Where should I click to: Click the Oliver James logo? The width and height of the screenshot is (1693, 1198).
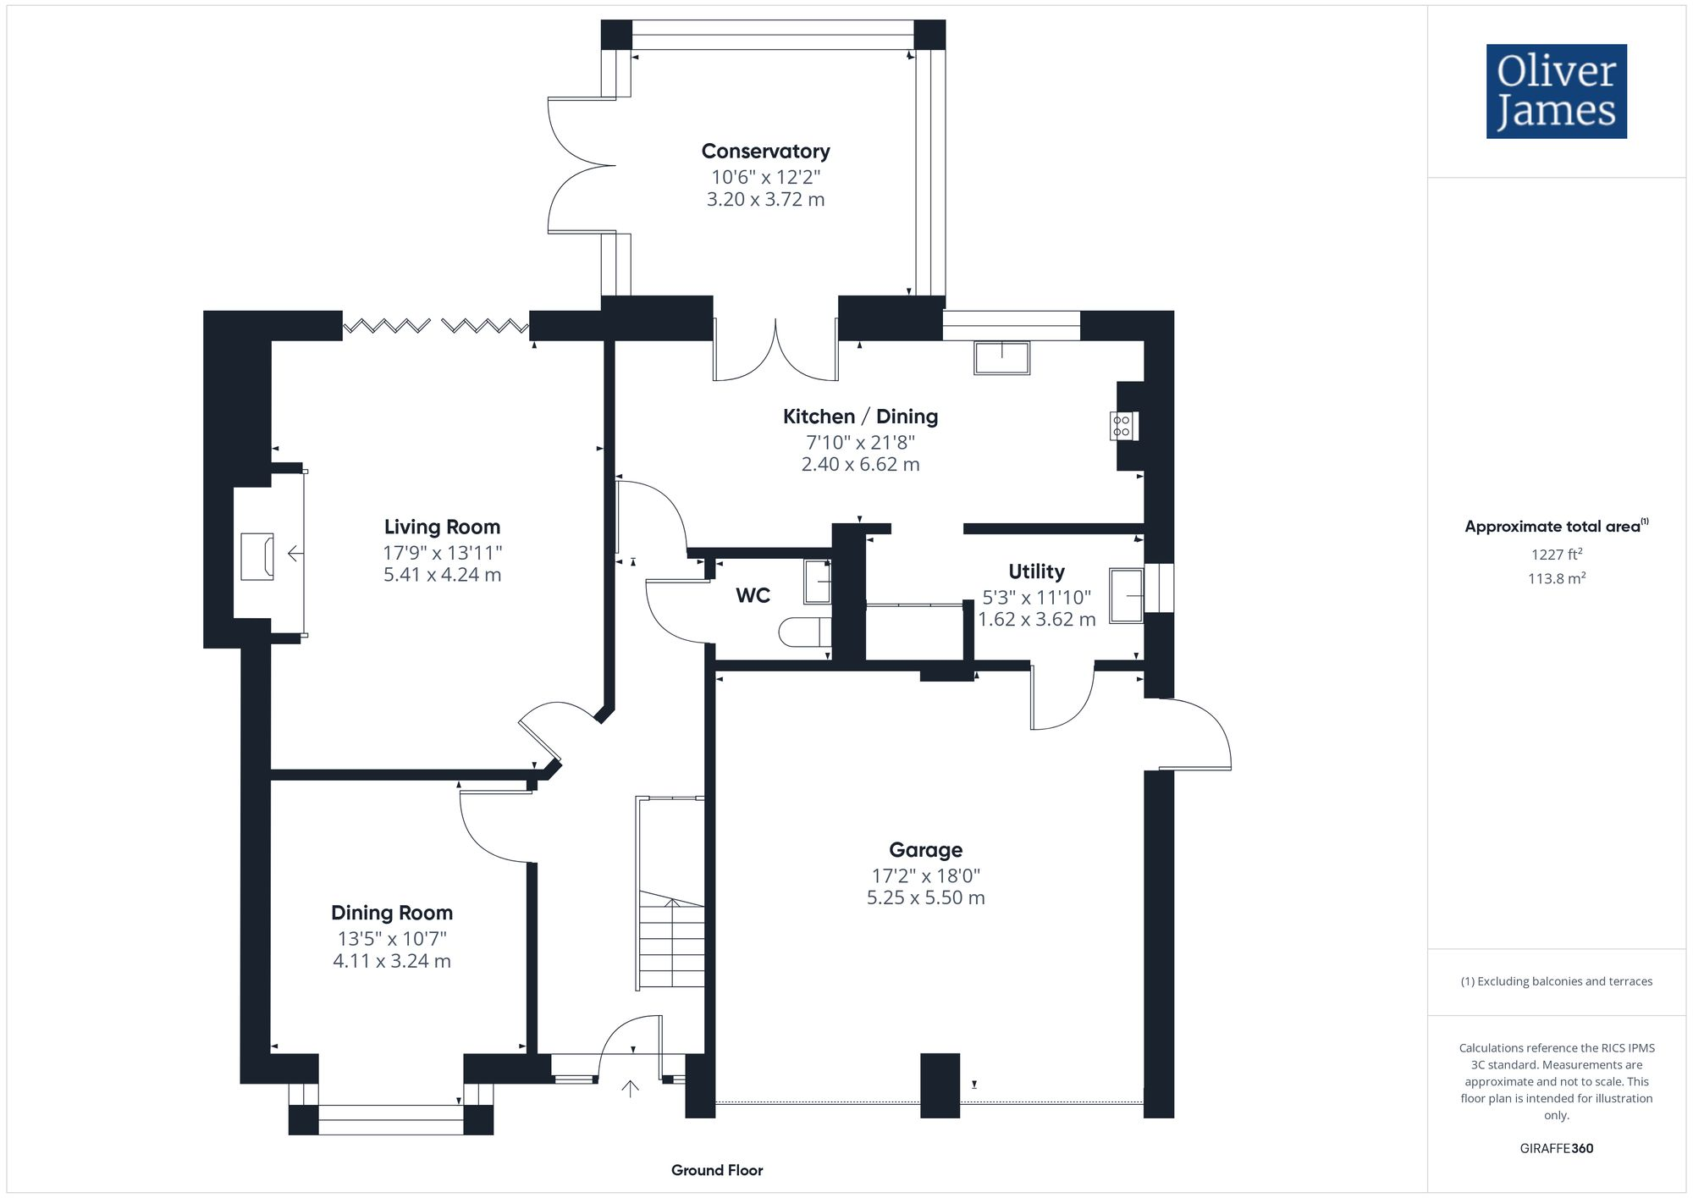1556,91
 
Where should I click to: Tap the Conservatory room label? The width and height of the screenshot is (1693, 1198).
765,152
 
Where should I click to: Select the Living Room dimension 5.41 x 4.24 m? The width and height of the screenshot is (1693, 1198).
442,575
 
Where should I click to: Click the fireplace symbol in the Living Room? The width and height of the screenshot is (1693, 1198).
257,556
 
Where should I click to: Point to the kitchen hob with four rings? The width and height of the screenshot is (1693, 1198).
1122,426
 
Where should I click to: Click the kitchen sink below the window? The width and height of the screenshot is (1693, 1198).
1001,357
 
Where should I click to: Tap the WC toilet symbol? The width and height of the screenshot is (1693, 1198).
804,632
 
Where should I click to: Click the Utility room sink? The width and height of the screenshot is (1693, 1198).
1126,595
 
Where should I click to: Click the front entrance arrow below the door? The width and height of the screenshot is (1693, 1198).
630,1088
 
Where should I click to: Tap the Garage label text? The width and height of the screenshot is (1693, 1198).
925,850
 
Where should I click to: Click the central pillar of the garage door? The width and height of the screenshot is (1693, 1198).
940,1085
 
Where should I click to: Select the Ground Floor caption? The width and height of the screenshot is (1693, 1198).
717,1170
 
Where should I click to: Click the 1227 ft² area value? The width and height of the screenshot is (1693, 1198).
1556,555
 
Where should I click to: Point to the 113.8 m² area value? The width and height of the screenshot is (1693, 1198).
1556,578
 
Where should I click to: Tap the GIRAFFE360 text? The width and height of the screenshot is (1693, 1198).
1556,1149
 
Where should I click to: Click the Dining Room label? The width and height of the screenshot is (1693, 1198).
392,913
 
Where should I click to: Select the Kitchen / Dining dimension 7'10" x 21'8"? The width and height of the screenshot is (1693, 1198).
860,442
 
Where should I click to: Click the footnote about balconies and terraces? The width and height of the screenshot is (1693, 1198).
1556,981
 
